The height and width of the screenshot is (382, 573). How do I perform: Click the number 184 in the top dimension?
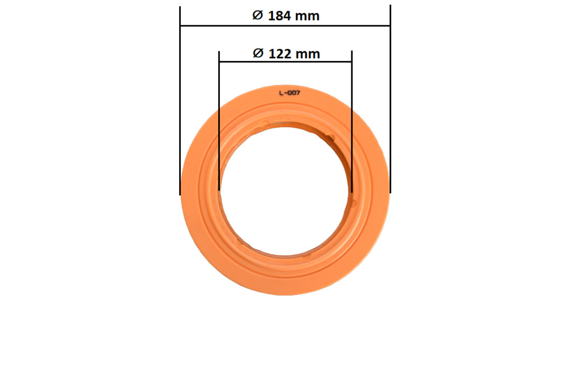pos(280,16)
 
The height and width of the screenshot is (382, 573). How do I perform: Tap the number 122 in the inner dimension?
pos(280,54)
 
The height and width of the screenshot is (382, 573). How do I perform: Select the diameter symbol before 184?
pos(257,15)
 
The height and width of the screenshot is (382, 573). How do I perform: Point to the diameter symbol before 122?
pos(258,53)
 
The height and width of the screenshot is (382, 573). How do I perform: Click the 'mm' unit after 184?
pos(307,16)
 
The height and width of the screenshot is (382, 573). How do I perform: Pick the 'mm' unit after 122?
pos(308,54)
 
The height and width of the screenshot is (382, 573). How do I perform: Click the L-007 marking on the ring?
pos(289,93)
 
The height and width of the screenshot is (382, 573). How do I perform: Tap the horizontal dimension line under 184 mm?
pos(285,26)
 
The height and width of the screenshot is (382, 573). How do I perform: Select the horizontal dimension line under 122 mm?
pos(285,62)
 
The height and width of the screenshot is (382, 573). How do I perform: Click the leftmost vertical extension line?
pos(180,101)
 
